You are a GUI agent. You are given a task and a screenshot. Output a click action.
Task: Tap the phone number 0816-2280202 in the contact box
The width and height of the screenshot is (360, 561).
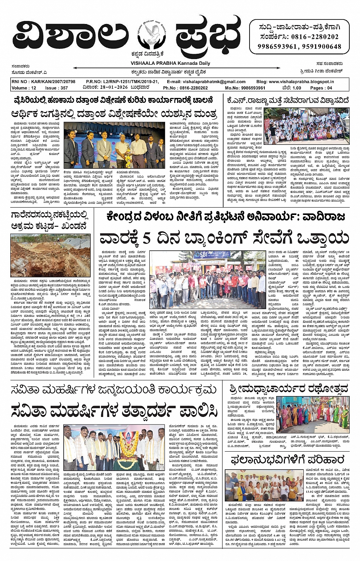point(315,37)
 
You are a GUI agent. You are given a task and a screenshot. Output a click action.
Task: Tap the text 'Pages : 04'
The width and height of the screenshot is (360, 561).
point(321,88)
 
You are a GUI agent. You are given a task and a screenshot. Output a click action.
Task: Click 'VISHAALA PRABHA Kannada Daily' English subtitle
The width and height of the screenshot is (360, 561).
point(170,63)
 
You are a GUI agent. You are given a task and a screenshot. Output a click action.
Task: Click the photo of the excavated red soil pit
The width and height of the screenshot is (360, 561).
point(50,255)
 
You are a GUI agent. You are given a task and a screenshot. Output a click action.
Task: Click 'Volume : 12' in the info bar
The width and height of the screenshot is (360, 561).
point(24,88)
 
